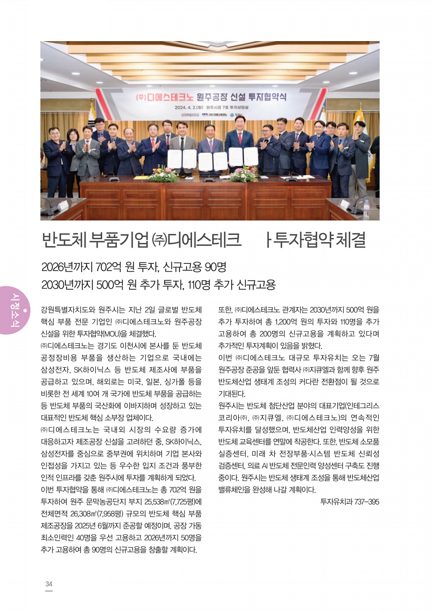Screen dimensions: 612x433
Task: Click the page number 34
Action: (49, 584)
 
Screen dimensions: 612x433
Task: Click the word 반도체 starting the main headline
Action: (64, 240)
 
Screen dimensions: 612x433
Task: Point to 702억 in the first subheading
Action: (108, 267)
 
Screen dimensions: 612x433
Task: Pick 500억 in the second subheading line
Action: (110, 285)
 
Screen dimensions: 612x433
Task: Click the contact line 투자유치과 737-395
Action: (349, 502)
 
